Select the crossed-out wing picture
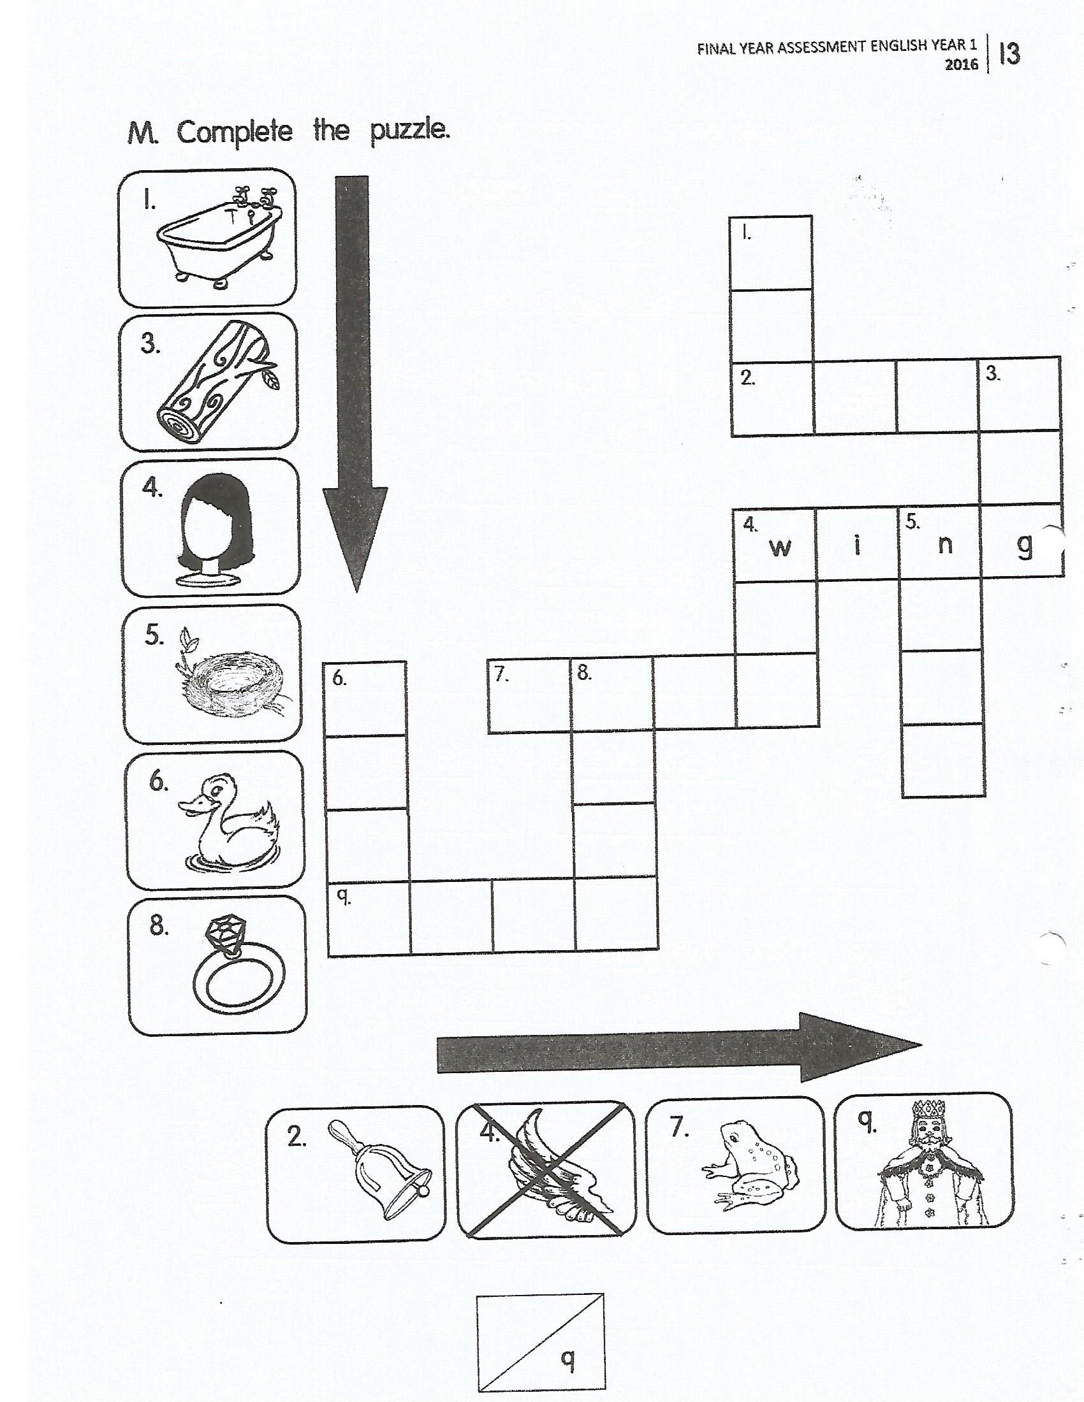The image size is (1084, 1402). pos(545,1168)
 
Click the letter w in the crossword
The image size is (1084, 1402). pos(780,547)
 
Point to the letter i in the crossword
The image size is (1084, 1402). pos(857,544)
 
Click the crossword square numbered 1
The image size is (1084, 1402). pos(772,253)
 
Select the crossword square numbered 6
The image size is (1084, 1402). pos(367,698)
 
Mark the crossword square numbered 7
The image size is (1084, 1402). pos(530,696)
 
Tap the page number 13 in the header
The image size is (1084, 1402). pos(1010,54)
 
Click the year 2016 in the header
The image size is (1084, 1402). pos(962,65)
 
